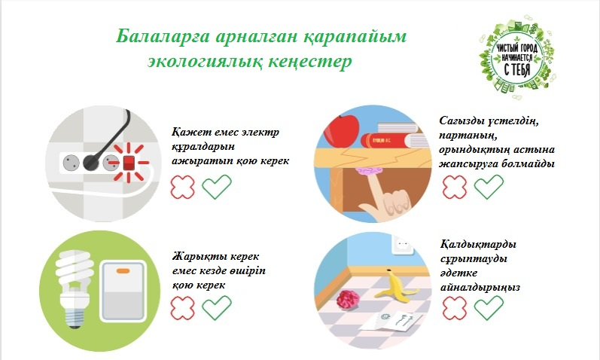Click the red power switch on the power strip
(129, 163)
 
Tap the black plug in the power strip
(91, 163)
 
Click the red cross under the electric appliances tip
(182, 187)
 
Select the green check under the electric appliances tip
(217, 187)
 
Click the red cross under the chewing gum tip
(455, 187)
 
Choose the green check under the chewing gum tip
(489, 187)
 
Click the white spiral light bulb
(74, 288)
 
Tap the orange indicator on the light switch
(123, 271)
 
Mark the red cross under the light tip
(182, 308)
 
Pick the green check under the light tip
(217, 307)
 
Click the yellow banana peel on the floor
(395, 287)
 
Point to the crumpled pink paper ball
(349, 299)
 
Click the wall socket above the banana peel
(403, 244)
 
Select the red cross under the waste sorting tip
(455, 308)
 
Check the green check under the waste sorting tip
(489, 307)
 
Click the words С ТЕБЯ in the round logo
(517, 70)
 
